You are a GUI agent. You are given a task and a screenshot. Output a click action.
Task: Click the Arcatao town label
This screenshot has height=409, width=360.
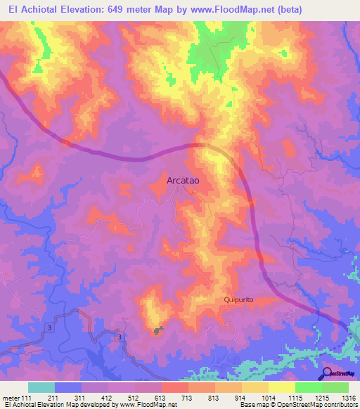pyautogui.click(x=184, y=181)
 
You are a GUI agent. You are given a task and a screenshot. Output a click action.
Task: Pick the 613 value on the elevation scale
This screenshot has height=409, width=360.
pyautogui.click(x=161, y=398)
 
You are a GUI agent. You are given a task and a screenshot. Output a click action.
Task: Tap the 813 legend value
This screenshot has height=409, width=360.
pyautogui.click(x=214, y=398)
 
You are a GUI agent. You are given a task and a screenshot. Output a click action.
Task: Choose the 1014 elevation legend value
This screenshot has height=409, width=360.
pyautogui.click(x=268, y=398)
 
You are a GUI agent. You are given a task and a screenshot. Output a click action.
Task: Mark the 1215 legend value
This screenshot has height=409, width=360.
pyautogui.click(x=321, y=398)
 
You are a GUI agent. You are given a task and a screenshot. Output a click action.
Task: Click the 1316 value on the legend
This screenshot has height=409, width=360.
pyautogui.click(x=348, y=398)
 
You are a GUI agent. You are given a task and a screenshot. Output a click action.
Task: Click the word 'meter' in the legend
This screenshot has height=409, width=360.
pyautogui.click(x=11, y=398)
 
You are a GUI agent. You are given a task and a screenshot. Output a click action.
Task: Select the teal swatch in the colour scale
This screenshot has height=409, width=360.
pyautogui.click(x=41, y=387)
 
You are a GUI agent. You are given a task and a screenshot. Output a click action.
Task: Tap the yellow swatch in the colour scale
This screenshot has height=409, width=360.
pyautogui.click(x=281, y=387)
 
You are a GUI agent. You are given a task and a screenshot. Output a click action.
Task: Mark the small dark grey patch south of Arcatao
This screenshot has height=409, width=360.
pyautogui.click(x=159, y=330)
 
